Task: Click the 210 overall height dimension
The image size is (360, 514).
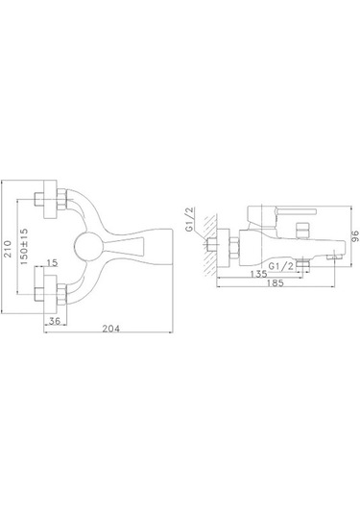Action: (8, 249)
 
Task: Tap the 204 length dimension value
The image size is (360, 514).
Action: (111, 329)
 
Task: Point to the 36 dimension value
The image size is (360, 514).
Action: (55, 321)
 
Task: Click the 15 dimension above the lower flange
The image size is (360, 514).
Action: (52, 262)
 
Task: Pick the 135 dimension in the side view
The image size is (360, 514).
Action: (258, 274)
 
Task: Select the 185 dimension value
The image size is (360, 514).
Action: (276, 282)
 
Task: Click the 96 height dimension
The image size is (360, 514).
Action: (355, 236)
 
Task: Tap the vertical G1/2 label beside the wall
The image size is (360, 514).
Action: (190, 220)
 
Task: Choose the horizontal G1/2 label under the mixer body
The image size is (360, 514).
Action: (281, 266)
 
